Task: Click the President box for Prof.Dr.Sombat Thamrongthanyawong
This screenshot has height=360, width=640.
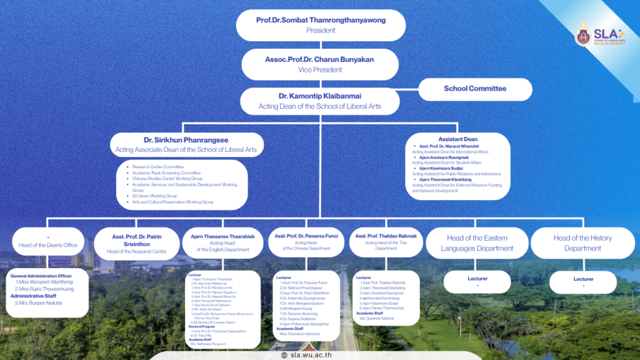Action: (321, 25)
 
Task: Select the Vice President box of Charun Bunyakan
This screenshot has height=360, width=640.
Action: (321, 64)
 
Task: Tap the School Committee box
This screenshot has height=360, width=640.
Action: (475, 89)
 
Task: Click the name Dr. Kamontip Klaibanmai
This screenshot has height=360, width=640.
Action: (320, 96)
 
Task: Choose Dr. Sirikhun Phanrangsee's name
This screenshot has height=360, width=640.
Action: (186, 140)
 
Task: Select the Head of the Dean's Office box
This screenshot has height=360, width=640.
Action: (48, 242)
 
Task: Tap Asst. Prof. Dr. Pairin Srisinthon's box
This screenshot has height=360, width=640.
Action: (136, 243)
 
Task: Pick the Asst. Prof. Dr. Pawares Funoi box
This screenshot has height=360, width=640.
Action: (306, 242)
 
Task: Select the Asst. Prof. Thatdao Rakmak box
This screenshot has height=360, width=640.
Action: (386, 241)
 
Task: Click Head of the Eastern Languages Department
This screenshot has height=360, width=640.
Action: (477, 243)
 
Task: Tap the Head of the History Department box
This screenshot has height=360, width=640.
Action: (582, 243)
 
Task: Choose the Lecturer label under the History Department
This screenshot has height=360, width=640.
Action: (583, 279)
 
